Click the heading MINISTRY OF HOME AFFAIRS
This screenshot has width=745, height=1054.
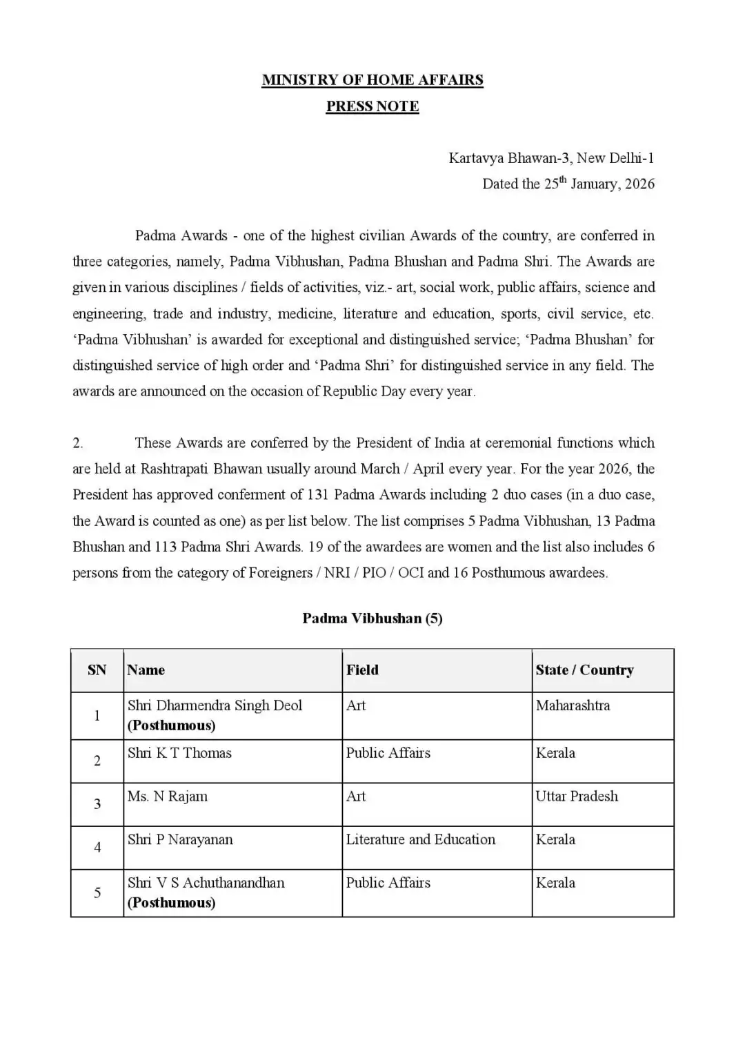tap(372, 80)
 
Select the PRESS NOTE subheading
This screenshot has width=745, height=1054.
tap(372, 106)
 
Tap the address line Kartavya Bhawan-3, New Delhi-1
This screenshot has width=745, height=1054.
tap(551, 158)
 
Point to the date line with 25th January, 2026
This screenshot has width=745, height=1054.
tap(568, 184)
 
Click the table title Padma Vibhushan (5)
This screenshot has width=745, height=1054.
tap(372, 618)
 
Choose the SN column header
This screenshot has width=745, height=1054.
tap(97, 670)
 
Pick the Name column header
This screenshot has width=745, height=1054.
tap(146, 670)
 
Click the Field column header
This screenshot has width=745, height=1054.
tap(363, 670)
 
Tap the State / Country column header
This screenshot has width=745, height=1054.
tap(584, 670)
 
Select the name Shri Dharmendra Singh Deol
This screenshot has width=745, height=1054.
tap(215, 706)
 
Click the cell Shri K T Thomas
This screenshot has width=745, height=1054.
tap(179, 754)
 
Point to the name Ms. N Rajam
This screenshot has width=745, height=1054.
tap(168, 797)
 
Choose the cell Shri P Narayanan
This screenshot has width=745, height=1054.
tap(180, 840)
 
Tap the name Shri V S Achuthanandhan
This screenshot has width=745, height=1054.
tap(206, 883)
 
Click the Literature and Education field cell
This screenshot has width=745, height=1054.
tap(421, 840)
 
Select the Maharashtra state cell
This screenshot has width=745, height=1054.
tap(573, 706)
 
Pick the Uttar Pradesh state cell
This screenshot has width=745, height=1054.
tap(577, 797)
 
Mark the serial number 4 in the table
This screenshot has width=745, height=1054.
tap(97, 847)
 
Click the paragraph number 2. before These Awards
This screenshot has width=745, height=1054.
tap(78, 443)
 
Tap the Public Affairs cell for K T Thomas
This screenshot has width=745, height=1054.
tap(388, 754)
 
